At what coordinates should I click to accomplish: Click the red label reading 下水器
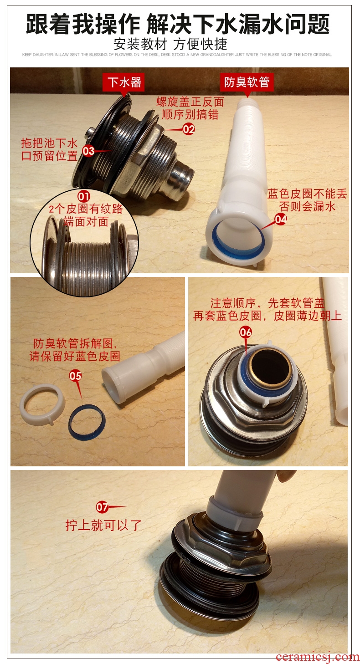click(x=123, y=82)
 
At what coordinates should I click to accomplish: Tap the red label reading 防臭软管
click(x=247, y=82)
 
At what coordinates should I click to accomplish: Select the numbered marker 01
click(x=84, y=196)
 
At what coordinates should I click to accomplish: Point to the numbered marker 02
click(x=189, y=129)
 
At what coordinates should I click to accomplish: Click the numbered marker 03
click(x=88, y=151)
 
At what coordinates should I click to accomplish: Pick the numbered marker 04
click(x=281, y=220)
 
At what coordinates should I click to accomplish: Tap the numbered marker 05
click(x=75, y=376)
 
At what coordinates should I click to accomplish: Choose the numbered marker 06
click(x=246, y=332)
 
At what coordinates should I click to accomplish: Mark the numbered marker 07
click(x=102, y=507)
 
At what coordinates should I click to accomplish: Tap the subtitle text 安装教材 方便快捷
click(x=170, y=44)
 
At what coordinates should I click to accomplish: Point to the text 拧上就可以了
click(x=103, y=525)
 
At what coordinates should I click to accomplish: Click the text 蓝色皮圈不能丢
click(x=307, y=194)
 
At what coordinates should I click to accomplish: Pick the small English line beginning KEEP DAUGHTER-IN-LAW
click(x=177, y=55)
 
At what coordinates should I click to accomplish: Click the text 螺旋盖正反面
click(x=190, y=102)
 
